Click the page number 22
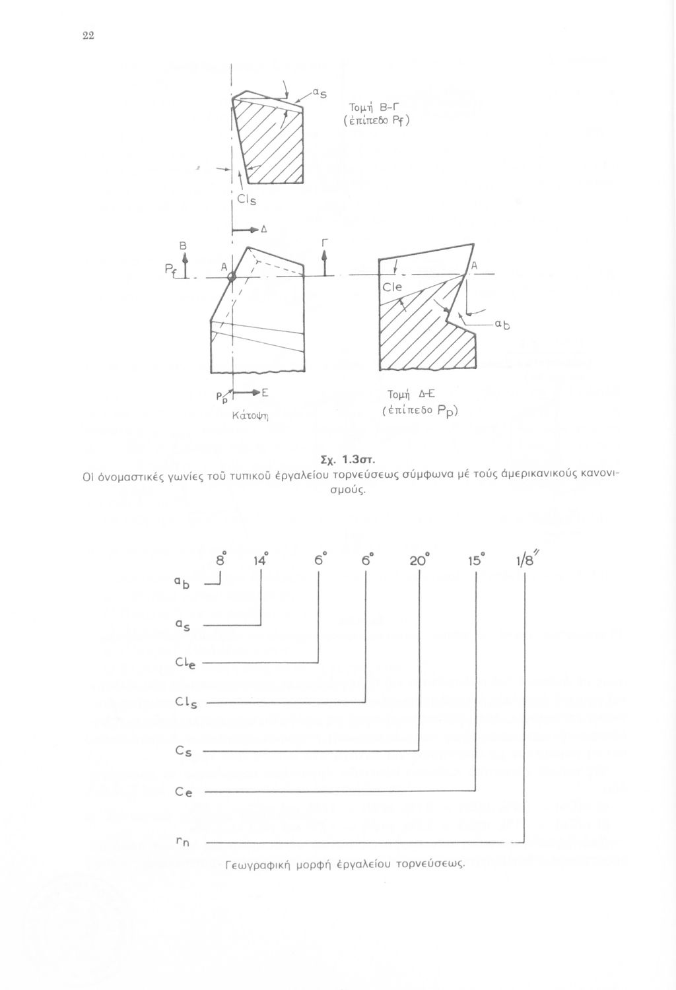tap(88, 37)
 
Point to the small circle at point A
tap(232, 278)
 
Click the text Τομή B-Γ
tap(373, 108)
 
